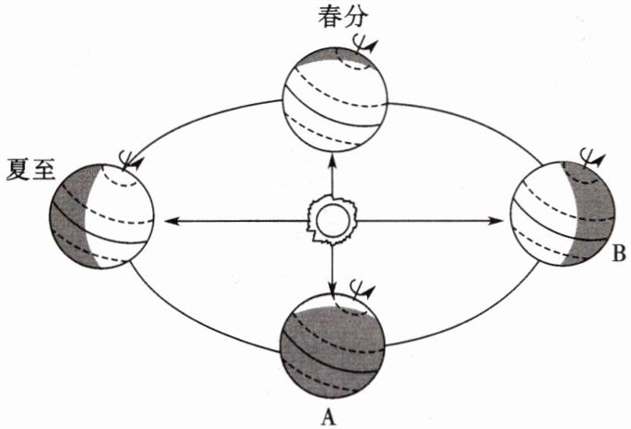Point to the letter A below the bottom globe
point(327,416)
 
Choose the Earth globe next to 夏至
point(100,215)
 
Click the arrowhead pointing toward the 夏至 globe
point(168,221)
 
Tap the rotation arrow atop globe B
point(591,155)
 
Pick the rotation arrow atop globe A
point(367,291)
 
